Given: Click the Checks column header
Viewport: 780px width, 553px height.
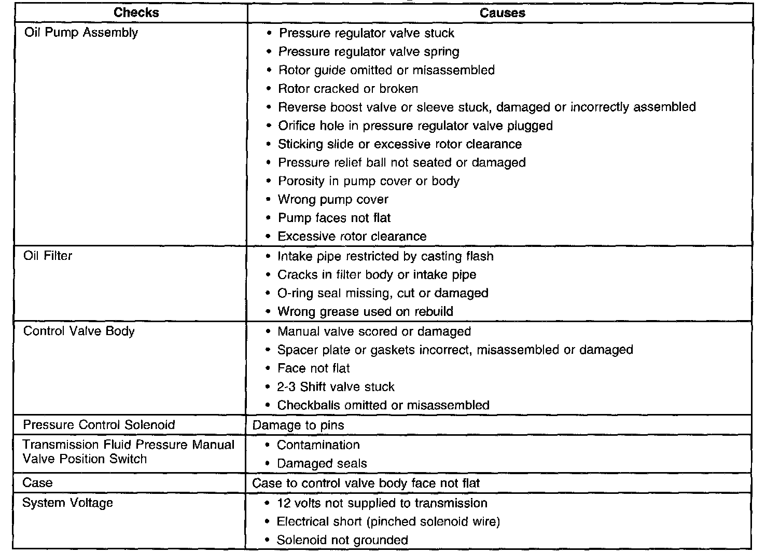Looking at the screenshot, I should coord(136,12).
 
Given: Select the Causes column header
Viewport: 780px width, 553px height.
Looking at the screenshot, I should coord(502,12).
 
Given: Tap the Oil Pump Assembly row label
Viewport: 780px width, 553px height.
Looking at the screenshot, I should coord(81,33).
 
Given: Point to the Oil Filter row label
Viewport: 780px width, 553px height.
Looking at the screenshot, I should coord(48,256).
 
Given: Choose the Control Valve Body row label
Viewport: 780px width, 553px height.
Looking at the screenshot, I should coord(79,331).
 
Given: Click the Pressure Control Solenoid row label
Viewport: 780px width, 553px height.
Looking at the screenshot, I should coord(99,425).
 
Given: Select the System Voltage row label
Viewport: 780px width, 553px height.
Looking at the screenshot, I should coord(67,503).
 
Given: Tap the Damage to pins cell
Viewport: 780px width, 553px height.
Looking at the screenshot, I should coord(298,425).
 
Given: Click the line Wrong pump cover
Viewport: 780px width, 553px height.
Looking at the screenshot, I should coord(333,200).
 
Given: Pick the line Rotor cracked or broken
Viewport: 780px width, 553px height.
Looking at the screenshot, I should coord(348,89).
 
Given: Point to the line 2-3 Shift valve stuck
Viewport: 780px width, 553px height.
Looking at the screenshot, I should coord(336,387).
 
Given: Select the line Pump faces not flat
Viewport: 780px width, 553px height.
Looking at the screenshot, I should coord(334,218).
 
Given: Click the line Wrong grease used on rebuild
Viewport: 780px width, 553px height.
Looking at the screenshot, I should coord(365,312).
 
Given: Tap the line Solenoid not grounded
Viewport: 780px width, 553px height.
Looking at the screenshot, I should coord(342,540).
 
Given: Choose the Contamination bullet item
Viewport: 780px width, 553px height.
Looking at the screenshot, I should coord(318,445).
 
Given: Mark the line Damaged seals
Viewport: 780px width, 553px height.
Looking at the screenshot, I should coord(322,464).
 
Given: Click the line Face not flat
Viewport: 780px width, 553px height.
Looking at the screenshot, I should coord(313,368).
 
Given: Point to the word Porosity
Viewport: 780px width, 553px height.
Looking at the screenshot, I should coord(301,181).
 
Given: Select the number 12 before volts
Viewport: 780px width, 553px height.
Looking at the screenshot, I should coord(284,503).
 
